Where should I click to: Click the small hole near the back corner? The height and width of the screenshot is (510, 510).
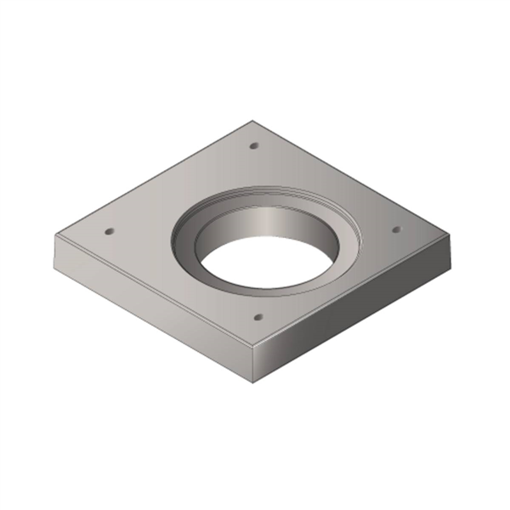click(x=253, y=147)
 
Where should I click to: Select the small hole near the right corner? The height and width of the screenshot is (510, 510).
click(x=395, y=229)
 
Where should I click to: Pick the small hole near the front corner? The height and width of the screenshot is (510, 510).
click(x=258, y=317)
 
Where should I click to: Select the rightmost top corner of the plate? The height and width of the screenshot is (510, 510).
click(x=456, y=235)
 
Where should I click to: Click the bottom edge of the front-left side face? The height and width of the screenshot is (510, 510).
click(x=153, y=334)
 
